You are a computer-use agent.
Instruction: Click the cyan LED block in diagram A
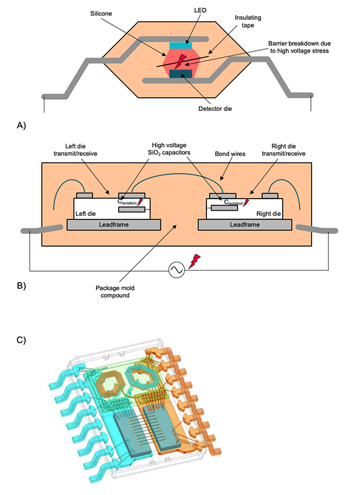180,45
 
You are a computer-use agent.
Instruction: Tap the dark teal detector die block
180,74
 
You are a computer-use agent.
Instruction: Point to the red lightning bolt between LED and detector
180,59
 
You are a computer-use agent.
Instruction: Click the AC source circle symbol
177,270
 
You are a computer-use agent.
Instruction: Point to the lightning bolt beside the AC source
194,260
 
